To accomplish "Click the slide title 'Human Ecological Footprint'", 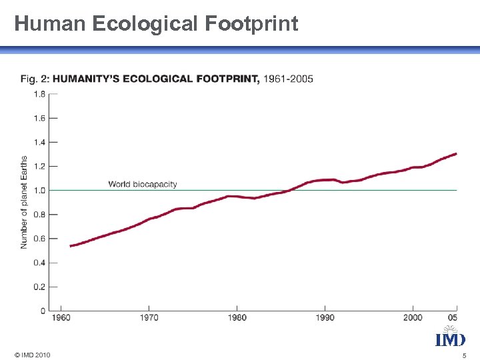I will click(x=156, y=24).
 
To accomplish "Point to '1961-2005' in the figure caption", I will click(x=288, y=79).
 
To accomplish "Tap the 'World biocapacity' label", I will click(x=143, y=184).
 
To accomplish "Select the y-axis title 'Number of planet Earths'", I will click(x=25, y=203).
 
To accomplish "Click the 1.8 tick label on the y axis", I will click(x=39, y=94).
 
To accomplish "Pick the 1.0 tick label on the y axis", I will click(x=39, y=191).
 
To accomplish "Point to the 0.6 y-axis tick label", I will click(x=39, y=239).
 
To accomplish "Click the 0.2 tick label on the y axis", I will click(x=39, y=287).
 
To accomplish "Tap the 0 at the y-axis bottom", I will click(x=43, y=311).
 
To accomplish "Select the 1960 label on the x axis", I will click(x=61, y=317).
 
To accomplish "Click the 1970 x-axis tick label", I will click(x=149, y=317).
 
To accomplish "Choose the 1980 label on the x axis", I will click(x=237, y=317).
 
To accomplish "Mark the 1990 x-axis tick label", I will click(x=325, y=317).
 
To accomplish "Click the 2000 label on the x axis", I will click(x=413, y=317).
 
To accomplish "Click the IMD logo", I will click(x=450, y=337).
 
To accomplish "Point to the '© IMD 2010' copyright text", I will click(x=31, y=354).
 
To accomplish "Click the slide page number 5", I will click(x=464, y=355).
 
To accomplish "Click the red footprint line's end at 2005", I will click(x=456, y=154).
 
